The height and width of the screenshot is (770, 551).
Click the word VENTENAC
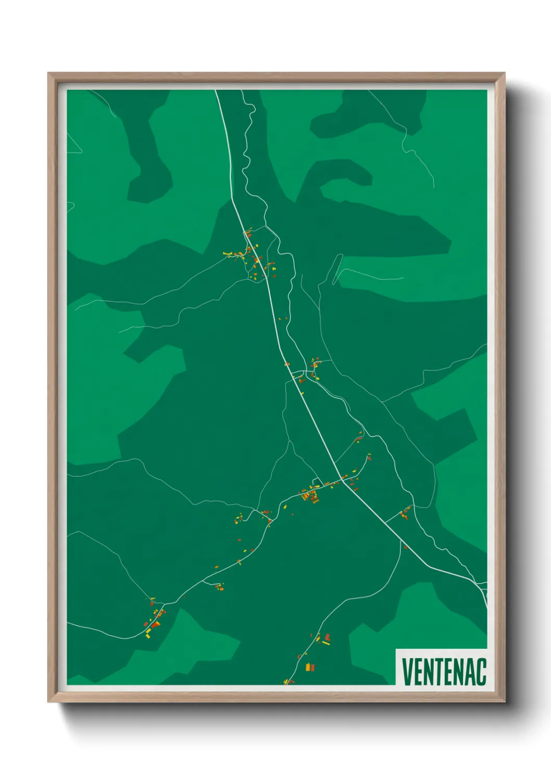click(x=444, y=672)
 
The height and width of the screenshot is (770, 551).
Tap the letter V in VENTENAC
click(x=407, y=672)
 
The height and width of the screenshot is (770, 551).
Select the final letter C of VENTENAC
click(x=481, y=672)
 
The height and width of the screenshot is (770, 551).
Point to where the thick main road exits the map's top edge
click(x=216, y=91)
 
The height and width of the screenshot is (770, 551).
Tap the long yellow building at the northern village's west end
click(x=228, y=254)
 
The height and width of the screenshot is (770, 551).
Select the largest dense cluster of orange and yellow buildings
click(x=311, y=494)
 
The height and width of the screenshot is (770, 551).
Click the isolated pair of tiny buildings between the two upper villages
click(x=282, y=318)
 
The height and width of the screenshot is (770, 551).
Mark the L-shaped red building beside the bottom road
click(x=327, y=637)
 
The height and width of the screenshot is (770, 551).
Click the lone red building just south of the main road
click(x=405, y=547)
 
